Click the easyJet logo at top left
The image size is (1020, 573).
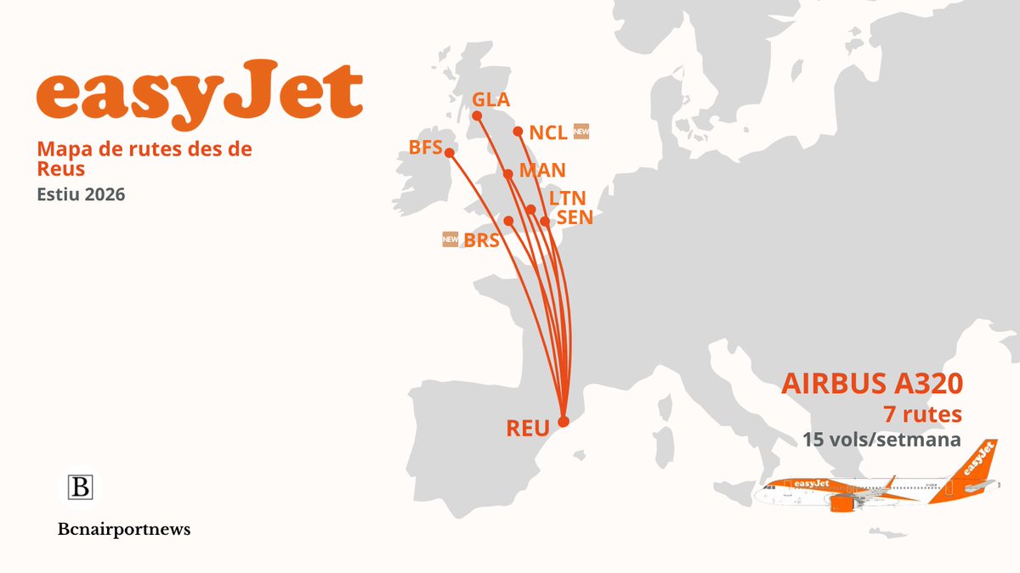coord(200,94)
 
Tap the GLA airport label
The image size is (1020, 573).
coord(491,100)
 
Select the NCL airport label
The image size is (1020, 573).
coord(547,133)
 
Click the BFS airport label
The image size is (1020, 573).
coord(425,148)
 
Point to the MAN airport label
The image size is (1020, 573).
coord(541,171)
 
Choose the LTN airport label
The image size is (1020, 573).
coord(567,199)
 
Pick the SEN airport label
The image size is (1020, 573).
coord(574,218)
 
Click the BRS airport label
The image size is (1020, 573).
coord(482,240)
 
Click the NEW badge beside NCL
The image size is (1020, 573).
coord(581,132)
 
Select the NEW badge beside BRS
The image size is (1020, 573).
coord(450,239)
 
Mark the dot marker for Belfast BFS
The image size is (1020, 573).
coord(450,154)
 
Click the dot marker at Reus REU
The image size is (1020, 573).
coord(563,420)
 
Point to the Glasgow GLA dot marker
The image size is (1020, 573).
coord(477,115)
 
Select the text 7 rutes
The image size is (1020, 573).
coord(922,414)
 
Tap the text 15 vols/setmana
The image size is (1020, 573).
coord(881,441)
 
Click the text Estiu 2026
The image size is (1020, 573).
coord(81,194)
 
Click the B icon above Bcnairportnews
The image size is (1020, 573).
coord(81,488)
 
